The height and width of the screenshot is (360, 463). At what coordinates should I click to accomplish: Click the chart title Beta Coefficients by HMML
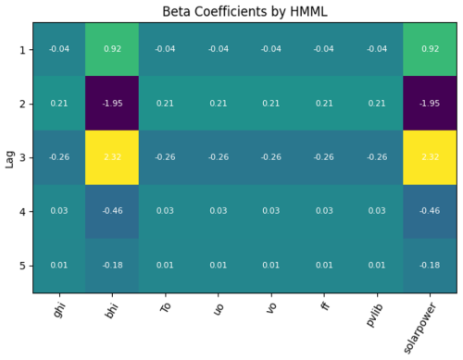tap(244, 11)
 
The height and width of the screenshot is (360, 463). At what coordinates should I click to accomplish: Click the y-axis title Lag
tap(9, 157)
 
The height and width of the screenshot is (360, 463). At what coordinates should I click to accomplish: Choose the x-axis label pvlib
tap(375, 312)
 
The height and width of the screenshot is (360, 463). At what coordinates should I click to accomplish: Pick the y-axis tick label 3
tap(22, 157)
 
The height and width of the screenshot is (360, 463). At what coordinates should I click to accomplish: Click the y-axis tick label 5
tap(22, 266)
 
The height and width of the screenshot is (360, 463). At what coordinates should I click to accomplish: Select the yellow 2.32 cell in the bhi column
tap(112, 157)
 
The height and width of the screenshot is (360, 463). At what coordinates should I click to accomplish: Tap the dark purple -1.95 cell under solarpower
tap(430, 103)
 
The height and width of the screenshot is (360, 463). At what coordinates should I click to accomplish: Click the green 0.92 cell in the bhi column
tap(112, 49)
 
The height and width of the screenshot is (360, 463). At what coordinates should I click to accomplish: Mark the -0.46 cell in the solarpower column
tap(430, 211)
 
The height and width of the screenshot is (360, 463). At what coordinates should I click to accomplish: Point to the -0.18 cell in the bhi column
tap(112, 266)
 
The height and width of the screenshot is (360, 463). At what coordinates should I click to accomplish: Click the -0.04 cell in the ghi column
tap(59, 49)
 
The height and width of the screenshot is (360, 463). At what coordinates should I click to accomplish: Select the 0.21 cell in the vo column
tap(270, 103)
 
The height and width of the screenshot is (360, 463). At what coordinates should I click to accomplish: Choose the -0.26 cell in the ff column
tap(323, 157)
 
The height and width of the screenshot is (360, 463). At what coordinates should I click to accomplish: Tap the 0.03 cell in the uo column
tap(218, 211)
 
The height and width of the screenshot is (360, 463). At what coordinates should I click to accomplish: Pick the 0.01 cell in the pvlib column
tap(377, 266)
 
